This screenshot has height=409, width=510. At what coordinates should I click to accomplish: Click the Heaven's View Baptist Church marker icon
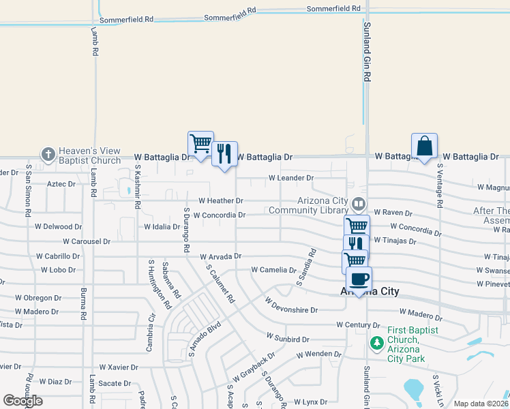[48, 155]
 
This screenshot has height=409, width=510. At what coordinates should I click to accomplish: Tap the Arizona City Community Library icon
[358, 204]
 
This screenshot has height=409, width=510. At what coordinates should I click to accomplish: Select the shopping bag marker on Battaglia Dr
[424, 146]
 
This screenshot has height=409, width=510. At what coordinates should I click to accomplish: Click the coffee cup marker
[359, 278]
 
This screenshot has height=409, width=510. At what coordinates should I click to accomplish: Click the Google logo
[23, 401]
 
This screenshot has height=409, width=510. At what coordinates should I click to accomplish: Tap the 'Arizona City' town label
[369, 292]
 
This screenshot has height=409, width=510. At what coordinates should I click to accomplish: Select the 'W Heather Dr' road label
[220, 201]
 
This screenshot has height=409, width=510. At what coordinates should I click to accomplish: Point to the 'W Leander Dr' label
[290, 178]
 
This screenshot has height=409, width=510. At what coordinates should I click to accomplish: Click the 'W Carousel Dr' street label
[87, 241]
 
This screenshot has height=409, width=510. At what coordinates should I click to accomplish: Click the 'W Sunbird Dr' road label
[288, 338]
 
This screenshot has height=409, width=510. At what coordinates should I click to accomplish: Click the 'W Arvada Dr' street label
[221, 256]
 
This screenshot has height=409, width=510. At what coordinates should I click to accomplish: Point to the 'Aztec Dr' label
[61, 184]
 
